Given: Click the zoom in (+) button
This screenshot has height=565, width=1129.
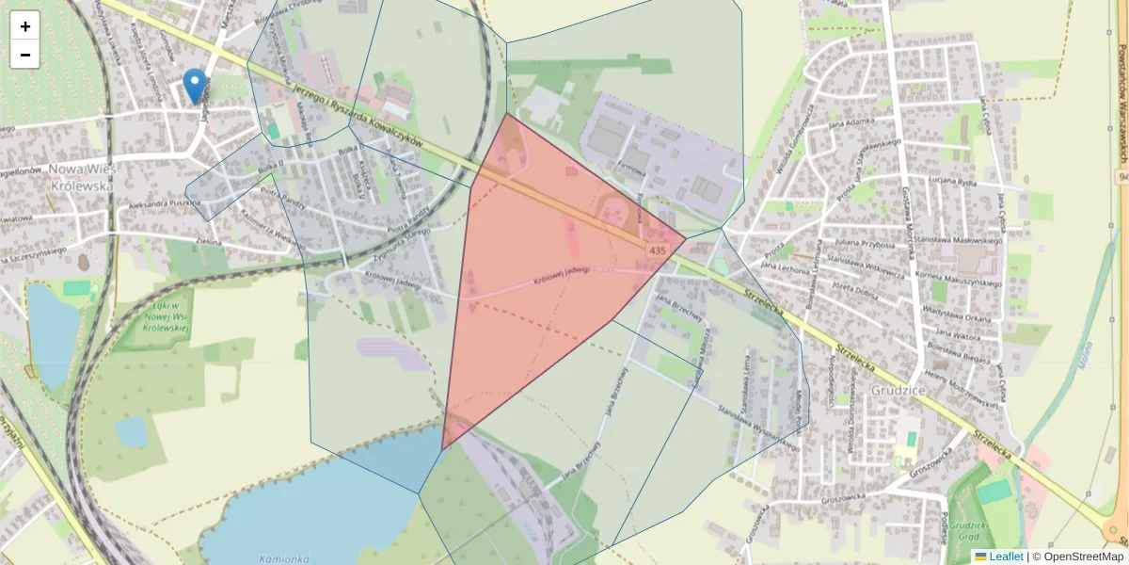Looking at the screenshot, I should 25,26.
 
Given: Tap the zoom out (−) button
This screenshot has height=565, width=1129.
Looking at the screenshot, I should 25,55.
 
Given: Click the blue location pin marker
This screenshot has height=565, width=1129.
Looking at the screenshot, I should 195,86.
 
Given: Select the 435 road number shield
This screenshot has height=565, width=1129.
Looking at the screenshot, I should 657,250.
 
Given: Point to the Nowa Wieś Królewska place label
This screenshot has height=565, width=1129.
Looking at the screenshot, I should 80,177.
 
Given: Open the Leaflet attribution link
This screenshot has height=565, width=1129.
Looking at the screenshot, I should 1006,557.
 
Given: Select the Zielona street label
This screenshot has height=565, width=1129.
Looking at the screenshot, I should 208,242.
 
